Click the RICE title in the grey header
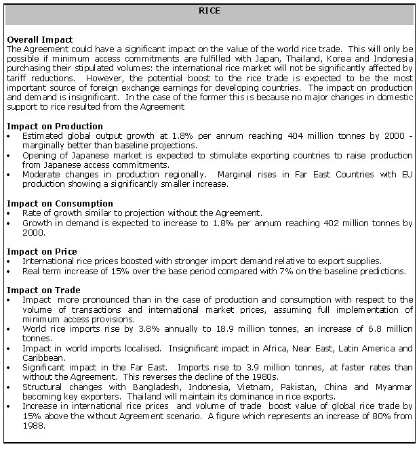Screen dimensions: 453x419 point(209,11)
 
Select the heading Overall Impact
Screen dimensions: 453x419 point(39,40)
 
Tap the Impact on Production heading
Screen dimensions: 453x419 point(54,126)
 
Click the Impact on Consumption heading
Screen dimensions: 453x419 point(59,203)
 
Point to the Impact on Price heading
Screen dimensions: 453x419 point(41,251)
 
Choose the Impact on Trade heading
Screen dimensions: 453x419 point(43,290)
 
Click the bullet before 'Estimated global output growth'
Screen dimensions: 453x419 point(7,136)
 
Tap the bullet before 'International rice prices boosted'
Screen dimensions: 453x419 point(7,261)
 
